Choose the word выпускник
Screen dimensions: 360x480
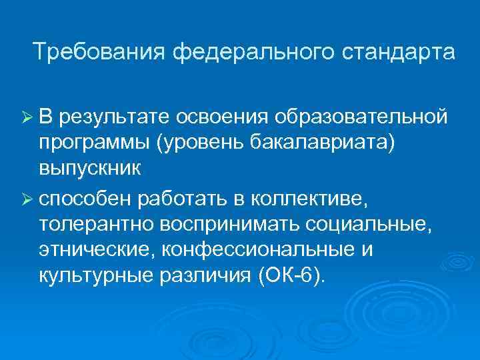(89, 167)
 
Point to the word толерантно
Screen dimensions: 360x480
(95, 224)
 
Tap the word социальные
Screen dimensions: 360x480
(370, 224)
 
